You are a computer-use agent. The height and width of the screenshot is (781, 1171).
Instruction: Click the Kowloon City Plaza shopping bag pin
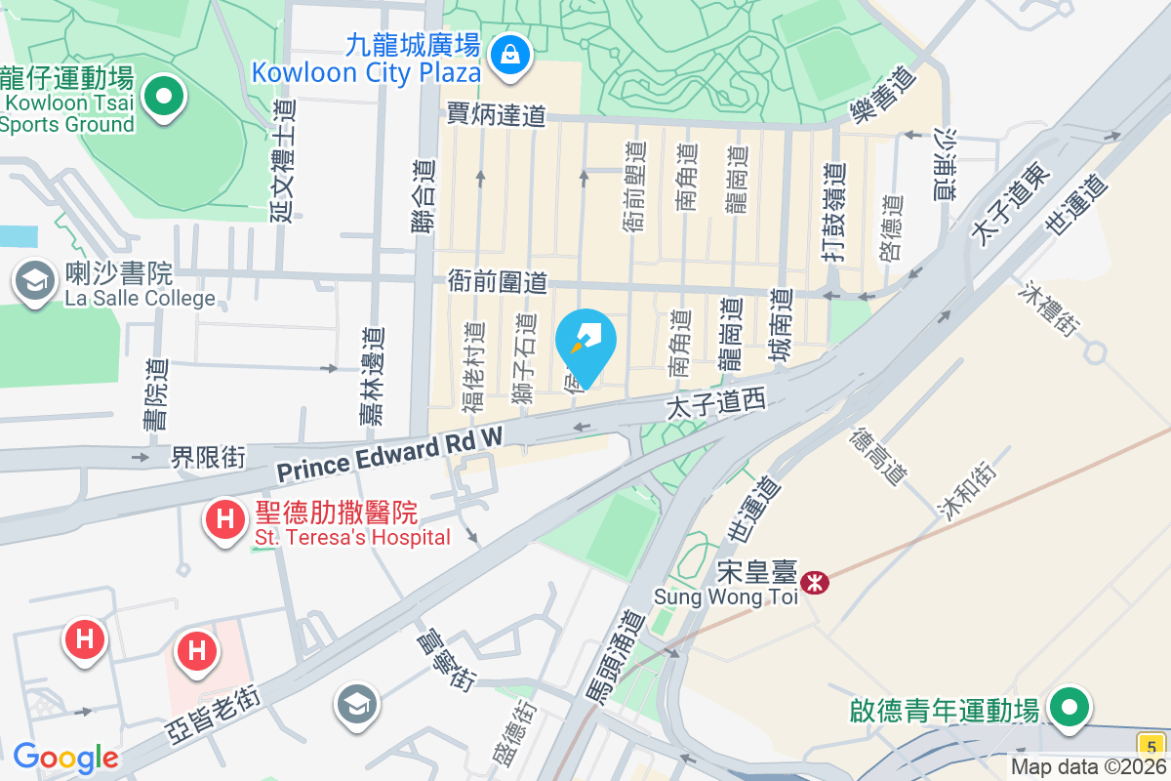click(510, 54)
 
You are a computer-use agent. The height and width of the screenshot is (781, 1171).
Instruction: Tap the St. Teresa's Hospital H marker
click(224, 518)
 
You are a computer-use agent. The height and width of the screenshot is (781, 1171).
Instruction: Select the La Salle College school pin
click(35, 281)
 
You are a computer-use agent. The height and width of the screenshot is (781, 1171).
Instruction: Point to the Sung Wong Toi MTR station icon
click(813, 583)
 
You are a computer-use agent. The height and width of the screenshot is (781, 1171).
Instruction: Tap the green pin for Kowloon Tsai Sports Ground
click(164, 96)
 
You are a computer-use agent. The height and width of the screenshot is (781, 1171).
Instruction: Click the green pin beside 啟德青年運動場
click(1069, 707)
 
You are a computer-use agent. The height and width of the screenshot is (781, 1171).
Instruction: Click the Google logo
click(65, 758)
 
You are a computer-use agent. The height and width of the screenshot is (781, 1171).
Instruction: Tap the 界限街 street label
click(209, 456)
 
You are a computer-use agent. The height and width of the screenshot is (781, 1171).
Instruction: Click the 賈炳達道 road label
click(496, 115)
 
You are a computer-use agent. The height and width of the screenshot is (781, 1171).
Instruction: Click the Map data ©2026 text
click(1088, 767)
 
